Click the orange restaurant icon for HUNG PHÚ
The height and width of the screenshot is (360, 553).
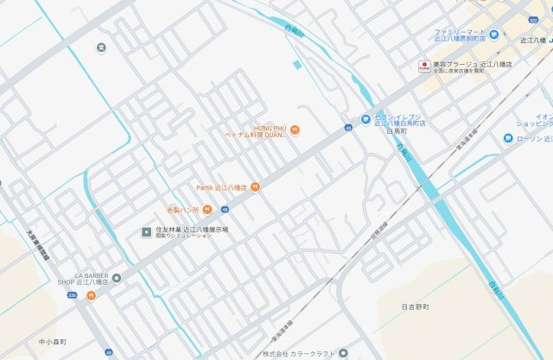pyautogui.click(x=296, y=129)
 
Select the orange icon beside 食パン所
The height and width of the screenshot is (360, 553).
pyautogui.click(x=207, y=209)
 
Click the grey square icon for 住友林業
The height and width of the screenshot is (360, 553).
pyautogui.click(x=147, y=231)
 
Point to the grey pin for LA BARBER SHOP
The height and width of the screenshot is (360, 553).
pyautogui.click(x=117, y=277)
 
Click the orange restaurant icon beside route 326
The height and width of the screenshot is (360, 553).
pyautogui.click(x=91, y=295)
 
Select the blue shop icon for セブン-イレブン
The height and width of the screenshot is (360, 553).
pyautogui.click(x=366, y=118)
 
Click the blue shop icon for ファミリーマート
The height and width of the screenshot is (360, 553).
pyautogui.click(x=494, y=35)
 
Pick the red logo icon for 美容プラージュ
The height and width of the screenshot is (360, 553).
pyautogui.click(x=424, y=66)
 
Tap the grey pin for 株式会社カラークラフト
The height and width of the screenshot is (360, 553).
pyautogui.click(x=343, y=354)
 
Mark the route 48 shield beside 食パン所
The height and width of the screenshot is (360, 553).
pyautogui.click(x=225, y=209)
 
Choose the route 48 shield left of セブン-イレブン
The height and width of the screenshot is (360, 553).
pyautogui.click(x=347, y=128)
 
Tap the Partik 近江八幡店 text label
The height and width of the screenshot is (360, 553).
pyautogui.click(x=221, y=187)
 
